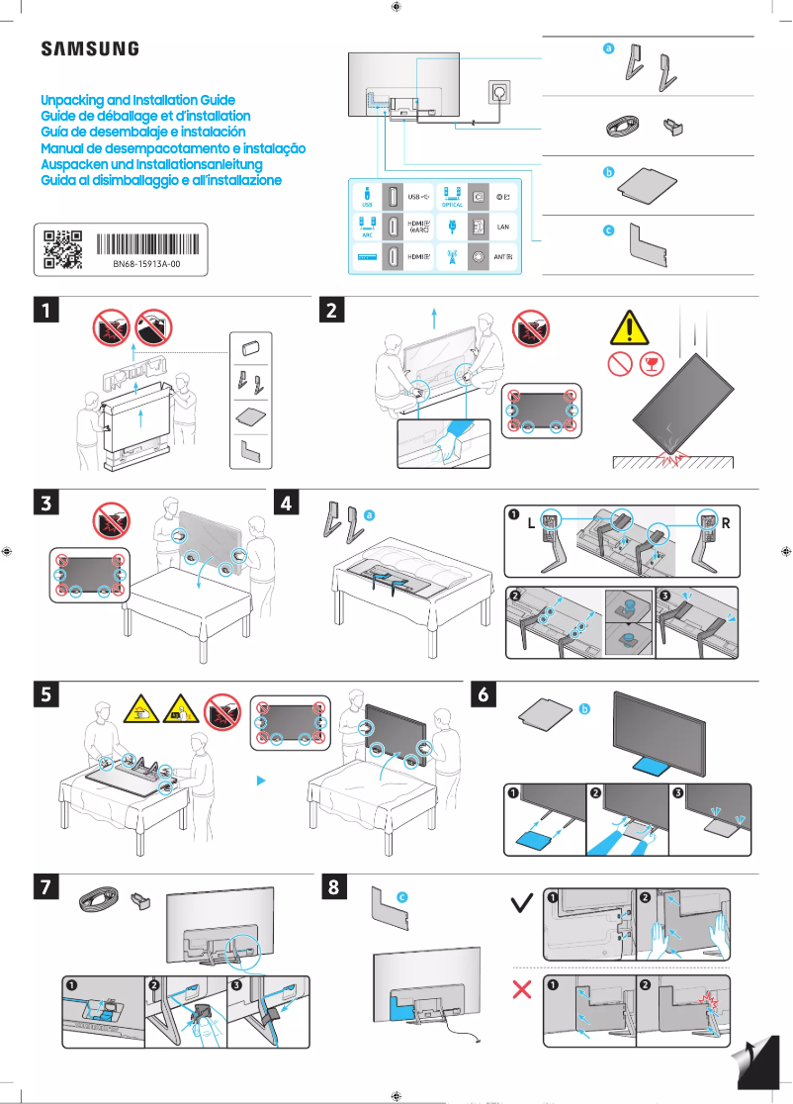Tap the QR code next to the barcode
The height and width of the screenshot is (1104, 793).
(62, 249)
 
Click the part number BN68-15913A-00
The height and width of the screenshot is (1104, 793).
(145, 266)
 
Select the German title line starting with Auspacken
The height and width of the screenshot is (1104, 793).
(150, 164)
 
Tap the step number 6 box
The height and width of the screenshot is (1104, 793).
(485, 694)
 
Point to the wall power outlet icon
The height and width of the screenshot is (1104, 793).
(498, 94)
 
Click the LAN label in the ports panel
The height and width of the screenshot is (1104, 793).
(502, 227)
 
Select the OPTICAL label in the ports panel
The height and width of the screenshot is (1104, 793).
(452, 205)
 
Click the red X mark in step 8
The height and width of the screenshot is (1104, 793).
(523, 990)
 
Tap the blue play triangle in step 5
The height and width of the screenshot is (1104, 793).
(262, 781)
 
